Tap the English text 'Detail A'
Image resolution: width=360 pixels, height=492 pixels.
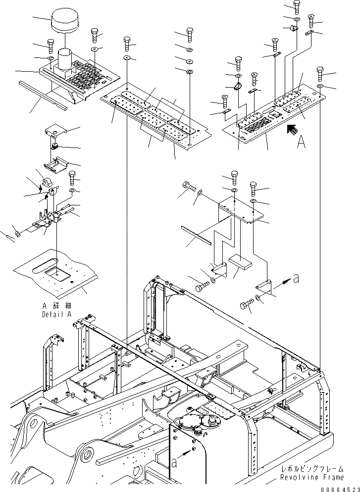pyautogui.click(x=56, y=314)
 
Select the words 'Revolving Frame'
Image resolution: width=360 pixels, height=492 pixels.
pyautogui.click(x=311, y=478)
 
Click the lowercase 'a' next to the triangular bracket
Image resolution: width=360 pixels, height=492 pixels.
pyautogui.click(x=296, y=279)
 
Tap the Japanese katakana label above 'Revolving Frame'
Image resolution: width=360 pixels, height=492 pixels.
pyautogui.click(x=311, y=470)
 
